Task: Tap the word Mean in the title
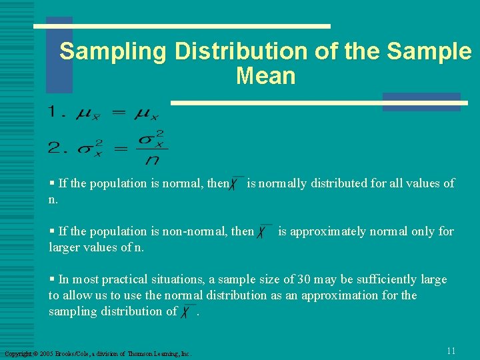[265, 76]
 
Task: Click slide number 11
[451, 351]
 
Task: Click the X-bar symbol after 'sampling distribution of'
[188, 311]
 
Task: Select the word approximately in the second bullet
[323, 231]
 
